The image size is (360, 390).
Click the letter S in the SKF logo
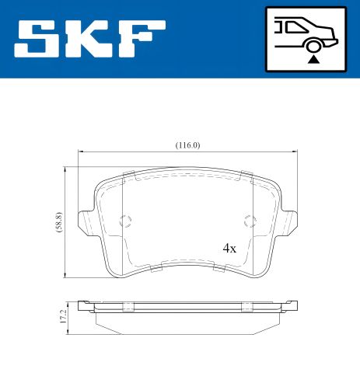[x=39, y=39]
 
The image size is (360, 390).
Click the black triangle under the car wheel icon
[x=313, y=58]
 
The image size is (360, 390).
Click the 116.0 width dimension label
[x=187, y=145]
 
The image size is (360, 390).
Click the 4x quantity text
[x=229, y=249]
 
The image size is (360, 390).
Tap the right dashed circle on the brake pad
[x=250, y=221]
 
